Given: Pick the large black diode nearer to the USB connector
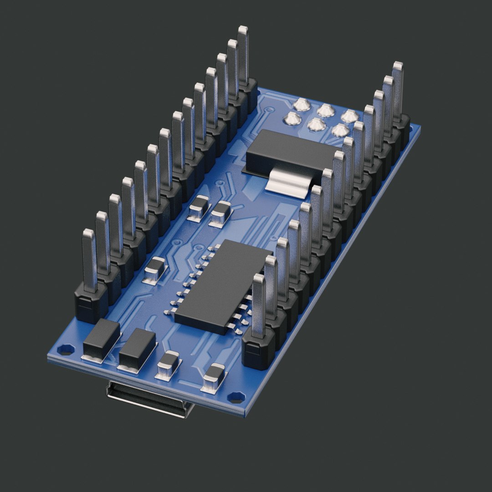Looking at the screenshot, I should (x=137, y=348).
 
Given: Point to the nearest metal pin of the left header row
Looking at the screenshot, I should (x=89, y=260).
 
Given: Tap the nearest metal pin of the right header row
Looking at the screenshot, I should (x=259, y=305).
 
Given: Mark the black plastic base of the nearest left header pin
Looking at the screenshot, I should (x=91, y=303).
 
